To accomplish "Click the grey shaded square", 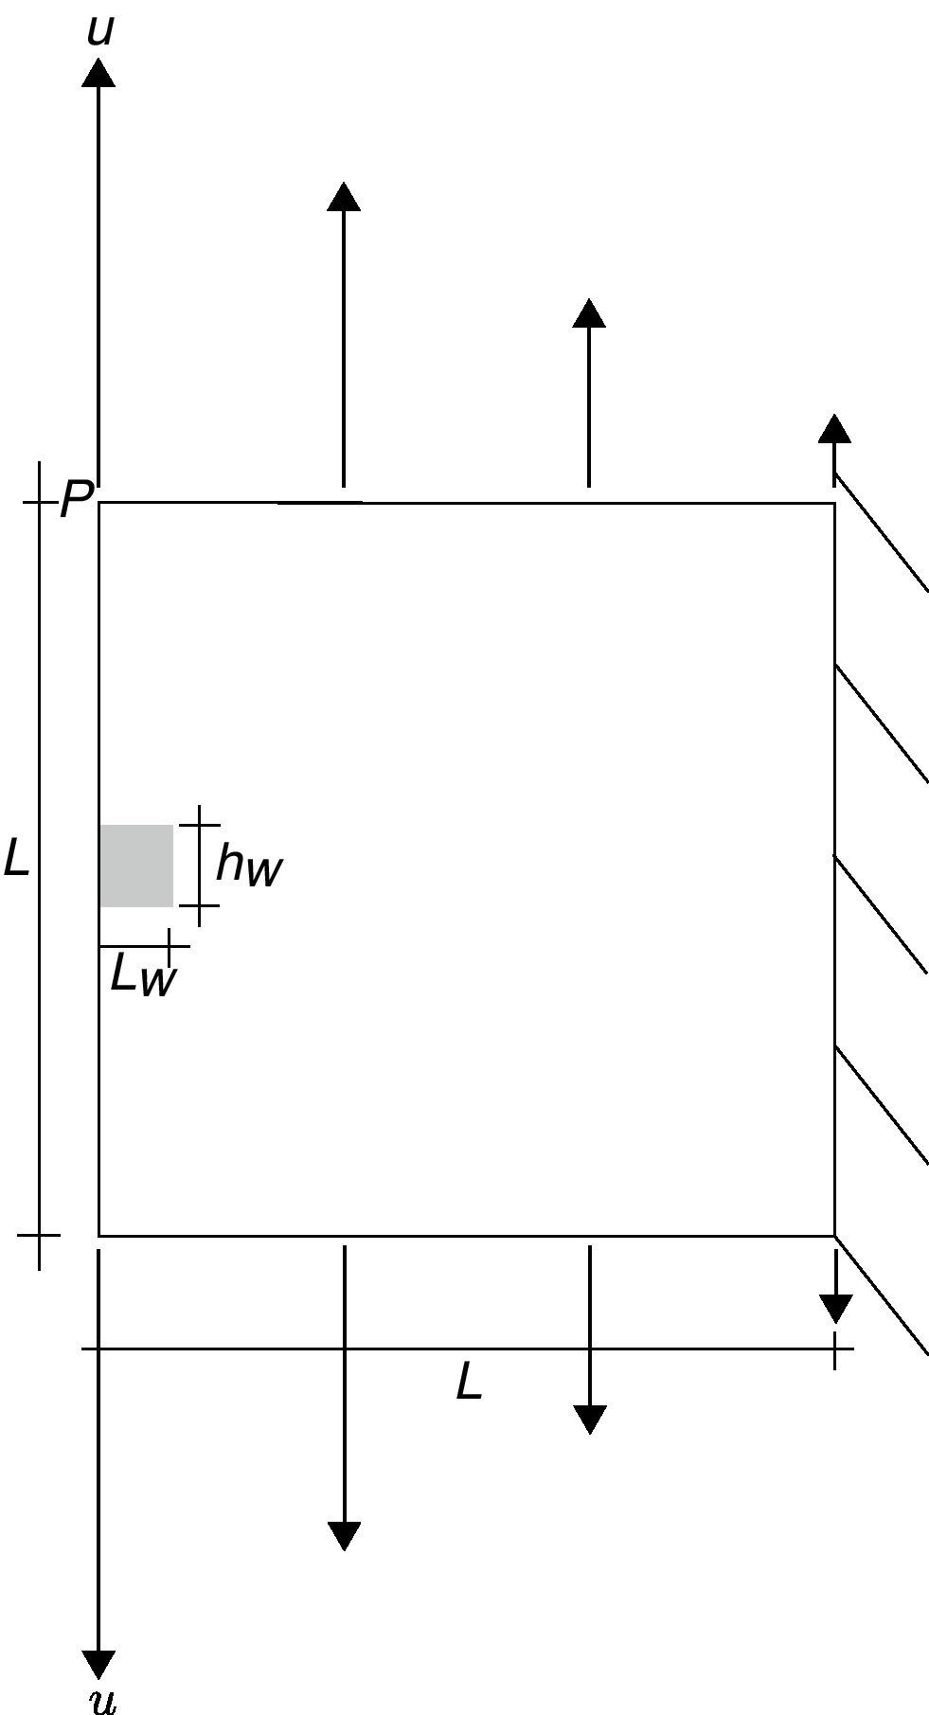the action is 136,866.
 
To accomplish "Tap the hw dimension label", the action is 248,866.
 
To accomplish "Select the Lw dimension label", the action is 142,975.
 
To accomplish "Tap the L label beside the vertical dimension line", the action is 16,859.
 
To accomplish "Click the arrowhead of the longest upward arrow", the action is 98,72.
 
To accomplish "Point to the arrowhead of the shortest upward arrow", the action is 834,428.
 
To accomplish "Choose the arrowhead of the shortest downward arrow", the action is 835,1309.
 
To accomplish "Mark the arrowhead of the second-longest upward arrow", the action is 344,195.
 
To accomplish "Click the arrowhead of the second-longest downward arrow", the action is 344,1535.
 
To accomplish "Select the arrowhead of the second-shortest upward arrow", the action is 589,313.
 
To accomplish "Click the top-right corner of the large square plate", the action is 834,503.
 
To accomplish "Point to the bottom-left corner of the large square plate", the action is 99,1235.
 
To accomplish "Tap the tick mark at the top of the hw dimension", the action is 200,825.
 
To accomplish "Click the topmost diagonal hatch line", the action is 881,532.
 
